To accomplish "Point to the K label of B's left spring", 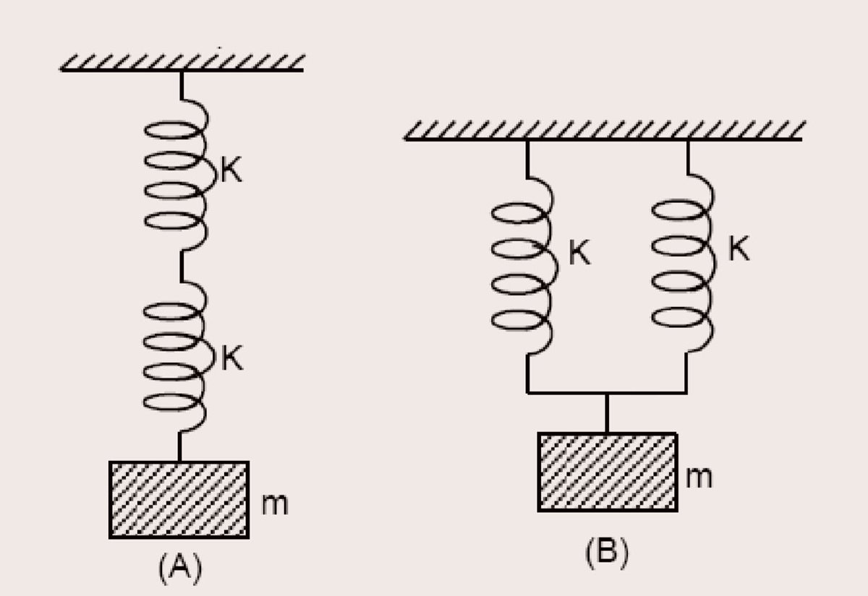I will tap(579, 254).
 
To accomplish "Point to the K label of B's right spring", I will tap(739, 250).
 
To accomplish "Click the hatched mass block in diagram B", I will tap(607, 472).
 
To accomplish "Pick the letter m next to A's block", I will tap(274, 505).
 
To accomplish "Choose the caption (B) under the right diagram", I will tap(606, 553).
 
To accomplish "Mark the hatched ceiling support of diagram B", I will tap(604, 130).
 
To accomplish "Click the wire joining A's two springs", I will tap(181, 267).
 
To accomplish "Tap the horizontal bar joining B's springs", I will tap(606, 393).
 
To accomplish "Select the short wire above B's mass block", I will tap(606, 413).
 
